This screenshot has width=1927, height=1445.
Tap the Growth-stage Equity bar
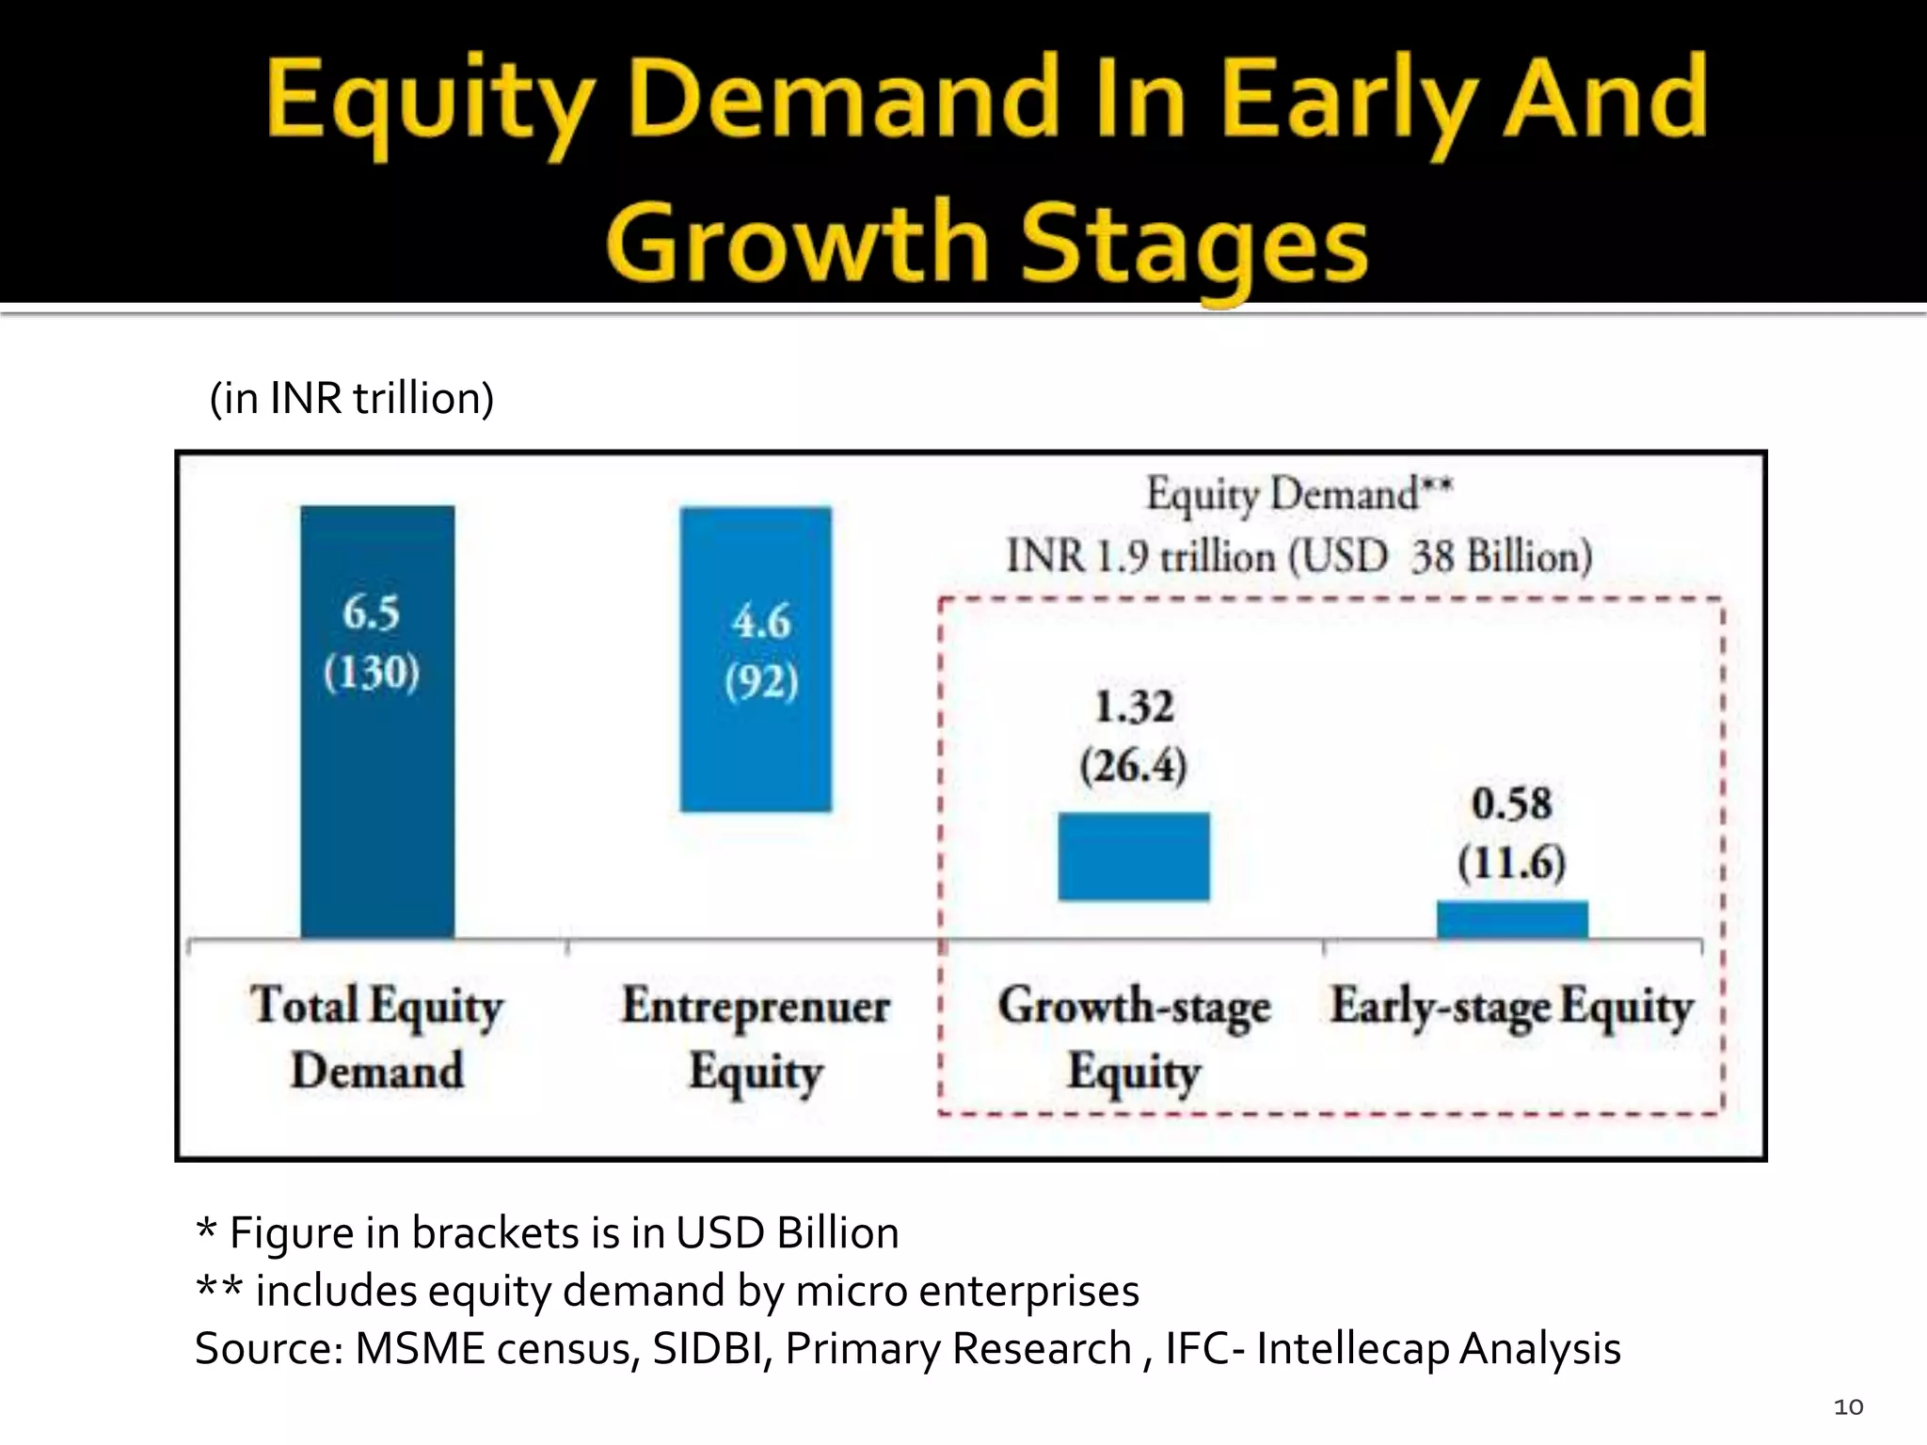point(1134,856)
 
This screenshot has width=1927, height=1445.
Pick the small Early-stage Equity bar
point(1512,919)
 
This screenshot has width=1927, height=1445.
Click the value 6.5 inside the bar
point(371,613)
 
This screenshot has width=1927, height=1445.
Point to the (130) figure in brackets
point(372,673)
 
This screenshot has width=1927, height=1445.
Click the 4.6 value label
point(761,622)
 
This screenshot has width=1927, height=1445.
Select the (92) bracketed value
point(761,681)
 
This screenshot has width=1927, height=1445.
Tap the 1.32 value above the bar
point(1134,707)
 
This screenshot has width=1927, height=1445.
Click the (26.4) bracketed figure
point(1134,766)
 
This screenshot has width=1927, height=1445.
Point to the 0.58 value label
point(1511,804)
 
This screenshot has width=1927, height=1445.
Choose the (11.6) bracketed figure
point(1511,863)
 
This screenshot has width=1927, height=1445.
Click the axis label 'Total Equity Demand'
point(376,1038)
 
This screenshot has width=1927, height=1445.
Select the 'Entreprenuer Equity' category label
point(756,1038)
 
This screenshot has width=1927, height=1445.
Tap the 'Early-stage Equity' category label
point(1511,1007)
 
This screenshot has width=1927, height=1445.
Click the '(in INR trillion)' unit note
point(352,398)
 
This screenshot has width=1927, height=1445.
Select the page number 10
point(1848,1406)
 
